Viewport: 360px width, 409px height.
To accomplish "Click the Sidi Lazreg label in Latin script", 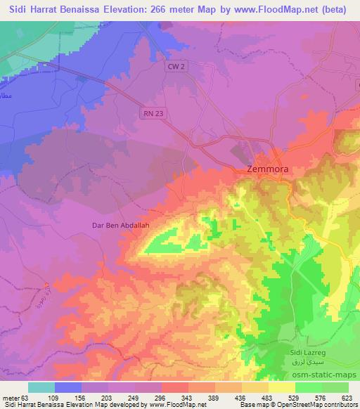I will [x=309, y=349].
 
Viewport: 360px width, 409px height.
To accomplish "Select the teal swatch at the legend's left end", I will [x=41, y=387].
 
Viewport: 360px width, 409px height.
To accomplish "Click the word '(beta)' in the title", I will [x=340, y=10].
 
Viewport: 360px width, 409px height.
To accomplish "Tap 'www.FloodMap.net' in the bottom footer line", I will [x=176, y=405].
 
